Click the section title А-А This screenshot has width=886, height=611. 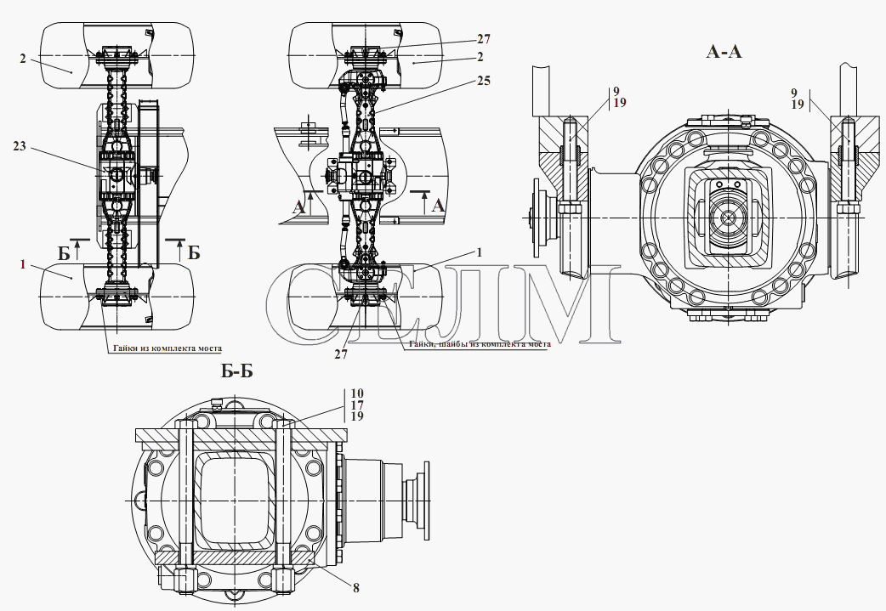pyautogui.click(x=724, y=52)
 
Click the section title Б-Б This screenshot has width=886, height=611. pyautogui.click(x=236, y=371)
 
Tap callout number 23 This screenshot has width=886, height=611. pyautogui.click(x=20, y=146)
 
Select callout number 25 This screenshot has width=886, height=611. pyautogui.click(x=484, y=81)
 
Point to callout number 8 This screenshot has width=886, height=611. pyautogui.click(x=356, y=588)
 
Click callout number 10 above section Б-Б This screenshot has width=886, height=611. pyautogui.click(x=356, y=393)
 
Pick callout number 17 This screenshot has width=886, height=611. pyautogui.click(x=356, y=405)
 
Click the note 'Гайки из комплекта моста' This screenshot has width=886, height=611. pyautogui.click(x=168, y=348)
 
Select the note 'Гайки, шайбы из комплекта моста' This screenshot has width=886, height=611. pyautogui.click(x=480, y=343)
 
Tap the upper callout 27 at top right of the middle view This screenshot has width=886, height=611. pyautogui.click(x=484, y=39)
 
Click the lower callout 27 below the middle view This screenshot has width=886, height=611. pyautogui.click(x=341, y=354)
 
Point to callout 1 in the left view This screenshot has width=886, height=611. pyautogui.click(x=23, y=264)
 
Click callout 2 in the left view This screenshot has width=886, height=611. pyautogui.click(x=23, y=58)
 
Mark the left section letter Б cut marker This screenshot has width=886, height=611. pyautogui.click(x=64, y=253)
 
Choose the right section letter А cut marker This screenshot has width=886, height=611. pyautogui.click(x=439, y=206)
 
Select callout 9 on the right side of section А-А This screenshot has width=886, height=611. pyautogui.click(x=794, y=93)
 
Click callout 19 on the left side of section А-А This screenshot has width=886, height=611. pyautogui.click(x=619, y=103)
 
